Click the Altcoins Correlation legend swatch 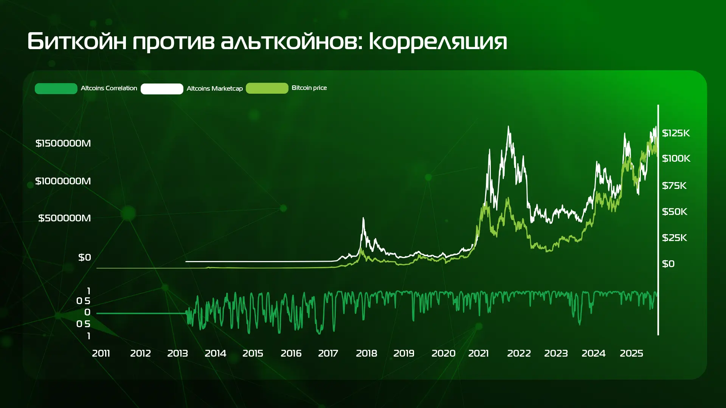[56, 88]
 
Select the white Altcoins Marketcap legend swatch [162, 89]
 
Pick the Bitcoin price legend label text [309, 88]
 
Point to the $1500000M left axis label [63, 143]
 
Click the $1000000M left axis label [63, 181]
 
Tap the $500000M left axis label [65, 218]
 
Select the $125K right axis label [676, 133]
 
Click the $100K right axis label [676, 158]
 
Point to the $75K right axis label [674, 185]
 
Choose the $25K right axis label [674, 238]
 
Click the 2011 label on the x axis [101, 353]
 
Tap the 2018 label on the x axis [366, 353]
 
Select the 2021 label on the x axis [478, 353]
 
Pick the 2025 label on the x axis [631, 353]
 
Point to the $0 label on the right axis [668, 264]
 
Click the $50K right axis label [675, 212]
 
